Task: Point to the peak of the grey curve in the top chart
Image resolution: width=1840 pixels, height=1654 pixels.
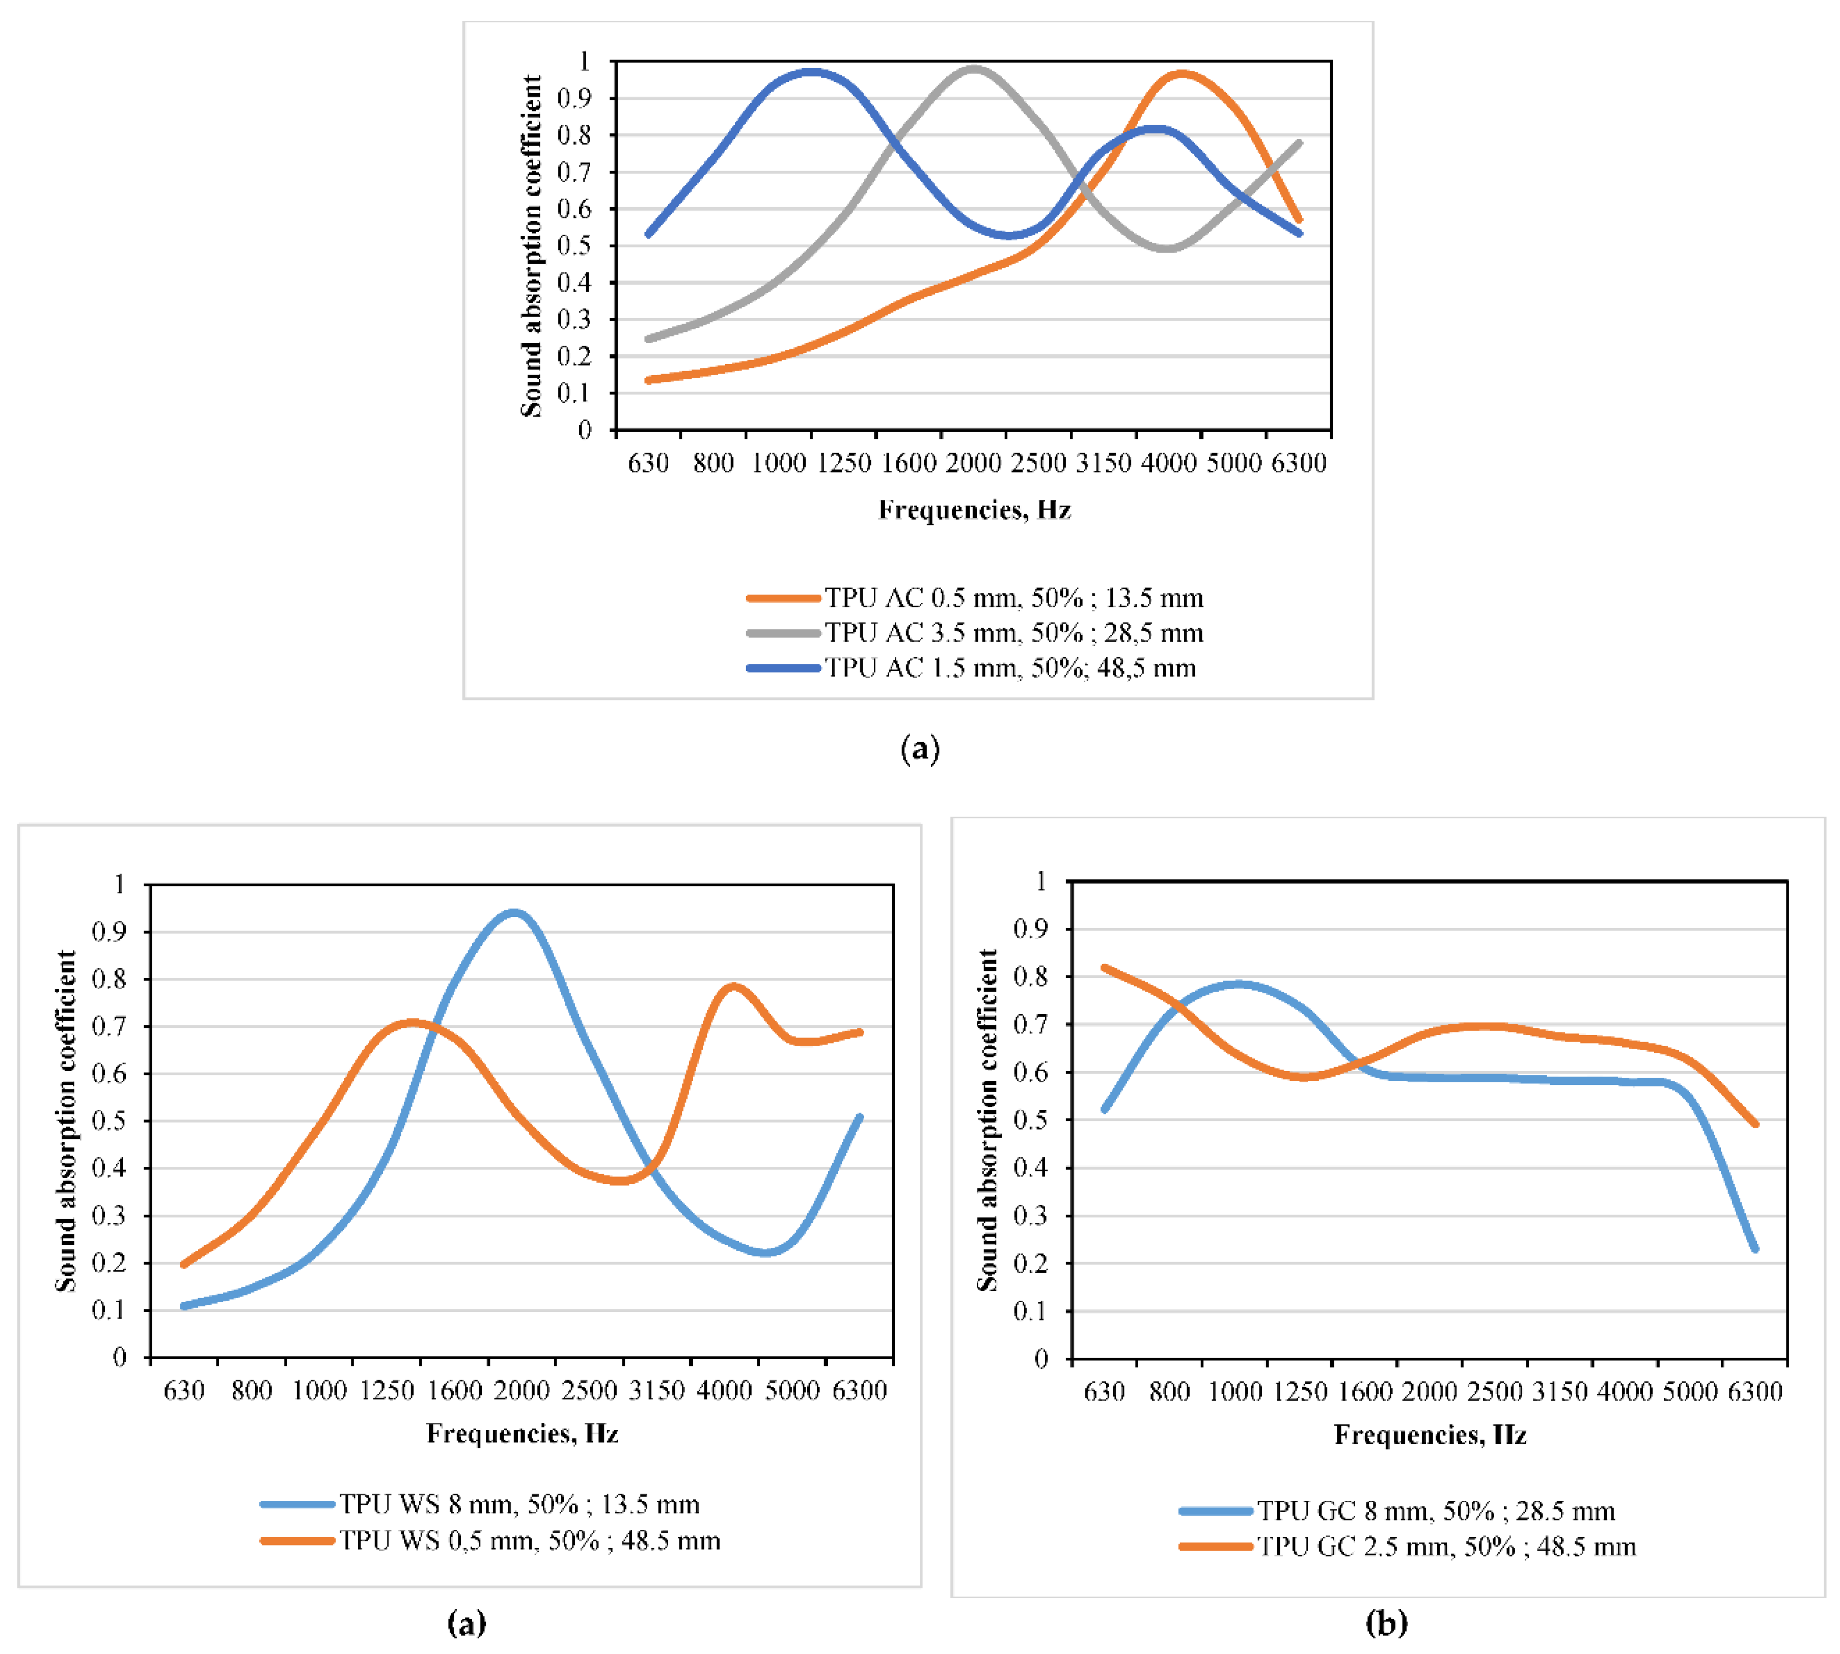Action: click(974, 68)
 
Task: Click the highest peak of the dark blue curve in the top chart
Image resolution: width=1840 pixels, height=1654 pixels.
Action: click(810, 71)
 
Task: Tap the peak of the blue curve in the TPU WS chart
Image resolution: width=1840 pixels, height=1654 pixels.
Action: click(514, 912)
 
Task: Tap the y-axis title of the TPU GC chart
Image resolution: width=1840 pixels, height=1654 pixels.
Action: click(987, 1119)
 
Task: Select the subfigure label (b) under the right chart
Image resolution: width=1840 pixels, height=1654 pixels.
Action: click(1386, 1622)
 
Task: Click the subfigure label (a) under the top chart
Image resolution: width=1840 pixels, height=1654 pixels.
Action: click(919, 749)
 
